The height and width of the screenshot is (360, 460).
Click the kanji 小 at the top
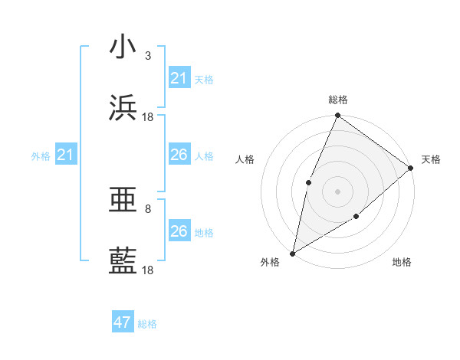pyautogui.click(x=123, y=47)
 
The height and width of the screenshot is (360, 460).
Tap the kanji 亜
pyautogui.click(x=123, y=200)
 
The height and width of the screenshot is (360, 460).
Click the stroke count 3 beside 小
pyautogui.click(x=148, y=55)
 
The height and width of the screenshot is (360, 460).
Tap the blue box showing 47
pyautogui.click(x=123, y=322)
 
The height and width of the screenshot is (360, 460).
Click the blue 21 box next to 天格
pyautogui.click(x=179, y=78)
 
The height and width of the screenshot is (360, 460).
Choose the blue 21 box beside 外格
pyautogui.click(x=66, y=155)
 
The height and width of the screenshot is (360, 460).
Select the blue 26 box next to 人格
pyautogui.click(x=179, y=155)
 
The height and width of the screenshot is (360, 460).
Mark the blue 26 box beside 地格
pyautogui.click(x=179, y=231)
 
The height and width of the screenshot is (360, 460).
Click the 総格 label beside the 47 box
pyautogui.click(x=147, y=324)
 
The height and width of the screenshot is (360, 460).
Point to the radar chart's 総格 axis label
pyautogui.click(x=338, y=100)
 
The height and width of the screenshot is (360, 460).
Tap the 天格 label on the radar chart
pyautogui.click(x=431, y=159)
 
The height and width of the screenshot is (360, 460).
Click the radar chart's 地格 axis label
pyautogui.click(x=402, y=262)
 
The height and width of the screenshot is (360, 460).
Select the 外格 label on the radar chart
pyautogui.click(x=270, y=262)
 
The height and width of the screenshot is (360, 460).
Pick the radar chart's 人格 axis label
pyautogui.click(x=245, y=159)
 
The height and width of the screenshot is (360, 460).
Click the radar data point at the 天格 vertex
pyautogui.click(x=411, y=168)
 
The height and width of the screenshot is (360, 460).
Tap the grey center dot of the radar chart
pyautogui.click(x=337, y=191)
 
